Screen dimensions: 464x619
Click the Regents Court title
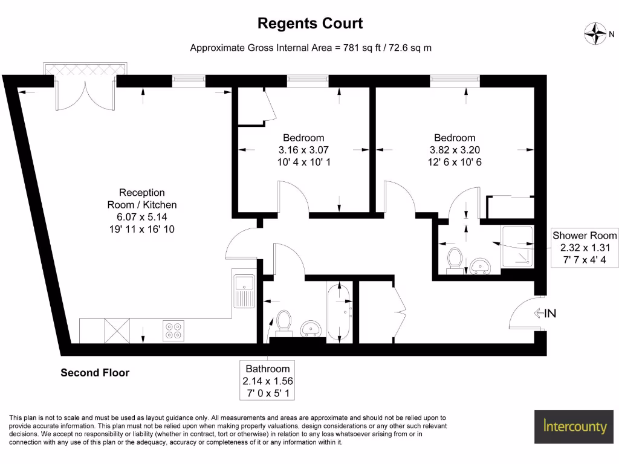[309, 24]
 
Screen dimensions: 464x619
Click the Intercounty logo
[574, 427]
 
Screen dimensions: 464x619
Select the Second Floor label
[95, 373]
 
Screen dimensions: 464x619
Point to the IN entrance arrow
[544, 313]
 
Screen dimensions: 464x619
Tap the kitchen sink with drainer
[245, 290]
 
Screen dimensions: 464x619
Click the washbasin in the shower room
[481, 265]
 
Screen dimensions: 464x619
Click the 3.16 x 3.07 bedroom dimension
[303, 150]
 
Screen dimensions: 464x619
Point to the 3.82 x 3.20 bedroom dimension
[455, 150]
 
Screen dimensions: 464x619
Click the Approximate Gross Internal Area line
[311, 48]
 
